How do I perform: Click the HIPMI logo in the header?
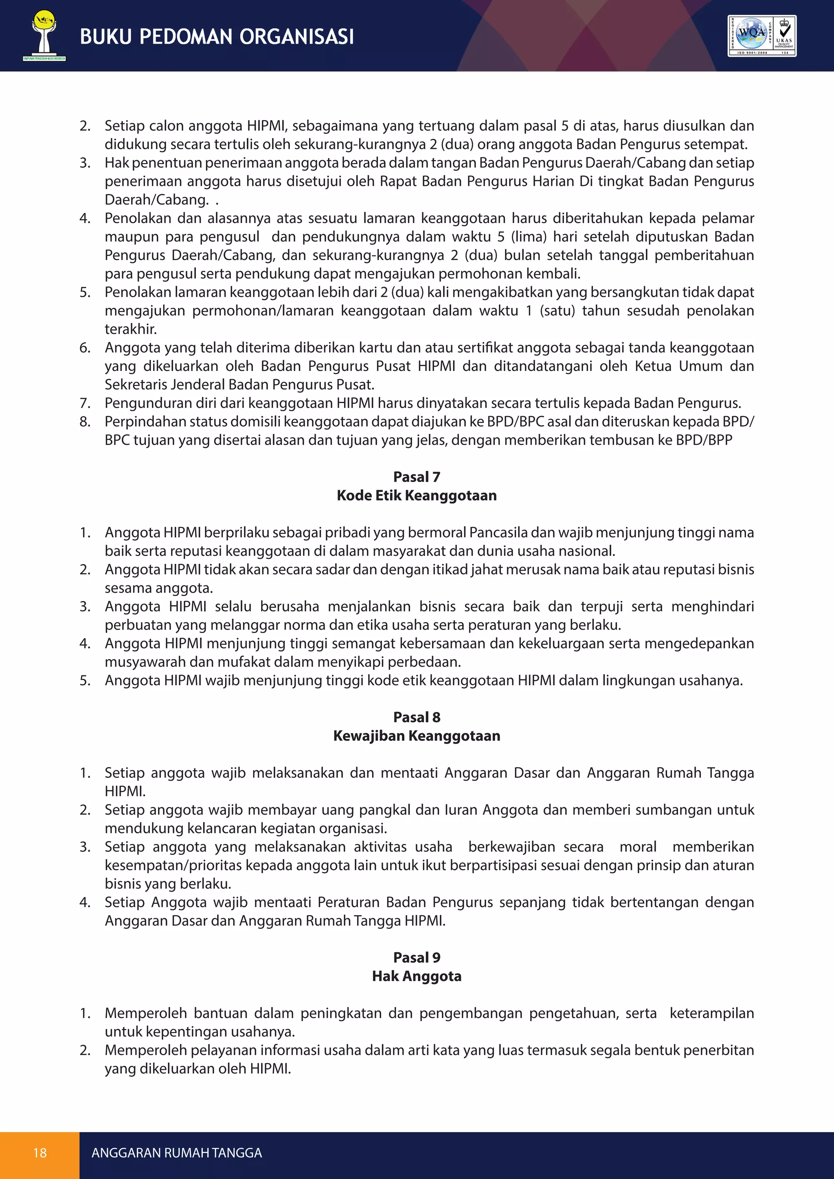[44, 35]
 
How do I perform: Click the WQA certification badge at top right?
[762, 36]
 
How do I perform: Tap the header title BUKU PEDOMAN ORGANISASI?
[217, 37]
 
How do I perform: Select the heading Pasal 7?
[417, 477]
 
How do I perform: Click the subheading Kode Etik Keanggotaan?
[417, 495]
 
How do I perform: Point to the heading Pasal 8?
[417, 717]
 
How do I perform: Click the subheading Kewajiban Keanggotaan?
[417, 736]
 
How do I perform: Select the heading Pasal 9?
[417, 958]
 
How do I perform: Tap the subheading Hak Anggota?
[417, 976]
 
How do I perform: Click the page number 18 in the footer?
[40, 1153]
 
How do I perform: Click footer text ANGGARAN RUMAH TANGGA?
[177, 1153]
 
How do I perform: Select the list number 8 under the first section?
[85, 422]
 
